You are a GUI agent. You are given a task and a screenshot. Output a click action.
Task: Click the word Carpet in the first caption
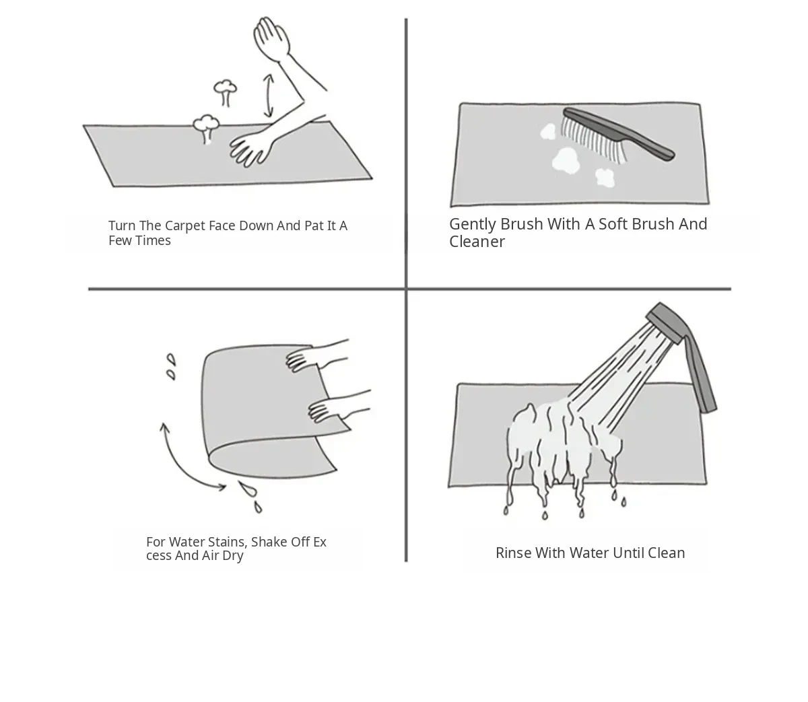click(x=184, y=226)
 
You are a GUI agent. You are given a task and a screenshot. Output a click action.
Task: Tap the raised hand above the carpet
click(x=271, y=38)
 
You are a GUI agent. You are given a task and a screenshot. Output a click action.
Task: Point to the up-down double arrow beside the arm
click(x=269, y=96)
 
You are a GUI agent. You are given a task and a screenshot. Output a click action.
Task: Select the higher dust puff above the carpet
click(x=225, y=92)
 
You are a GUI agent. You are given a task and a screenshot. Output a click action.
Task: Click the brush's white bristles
click(x=593, y=141)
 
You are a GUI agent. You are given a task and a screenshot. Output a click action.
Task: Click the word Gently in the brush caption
click(x=472, y=225)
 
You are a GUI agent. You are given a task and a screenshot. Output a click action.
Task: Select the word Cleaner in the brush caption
click(x=477, y=242)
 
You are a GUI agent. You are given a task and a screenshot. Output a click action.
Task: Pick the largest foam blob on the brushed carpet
click(x=566, y=160)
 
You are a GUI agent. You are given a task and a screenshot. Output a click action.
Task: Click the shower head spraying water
click(x=668, y=322)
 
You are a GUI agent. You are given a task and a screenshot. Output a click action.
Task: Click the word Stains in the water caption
click(x=228, y=542)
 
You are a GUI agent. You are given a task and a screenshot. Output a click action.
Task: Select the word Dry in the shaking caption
click(x=232, y=555)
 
